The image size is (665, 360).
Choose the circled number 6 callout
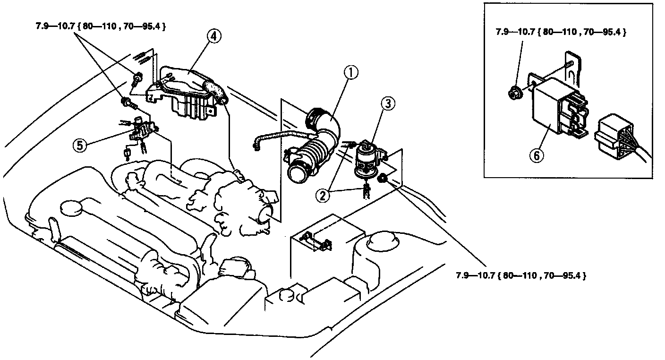[x=537, y=155]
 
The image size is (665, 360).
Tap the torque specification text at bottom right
[x=521, y=275]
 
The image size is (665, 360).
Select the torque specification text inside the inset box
[x=561, y=33]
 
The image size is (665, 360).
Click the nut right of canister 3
[x=383, y=178]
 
